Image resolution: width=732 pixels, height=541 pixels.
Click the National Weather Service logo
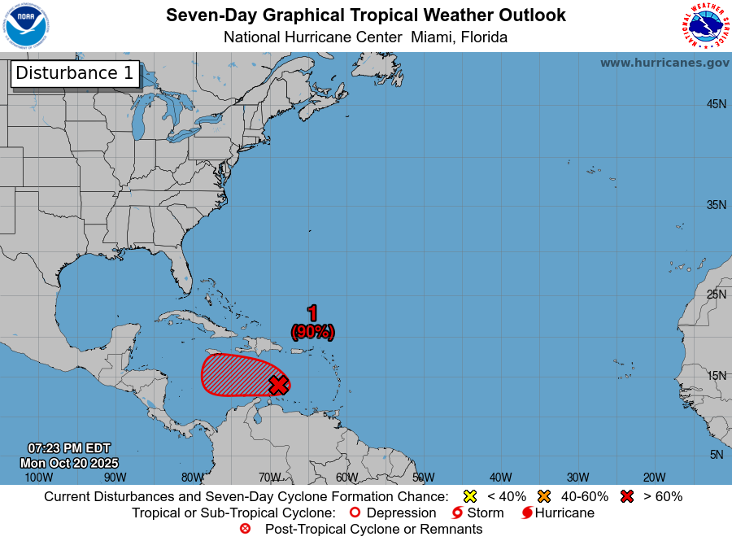tap(704, 26)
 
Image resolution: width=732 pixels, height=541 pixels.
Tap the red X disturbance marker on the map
tap(278, 385)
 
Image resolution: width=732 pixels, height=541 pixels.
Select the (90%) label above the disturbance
tap(312, 331)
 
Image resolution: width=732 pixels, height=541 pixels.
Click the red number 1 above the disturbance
tap(312, 313)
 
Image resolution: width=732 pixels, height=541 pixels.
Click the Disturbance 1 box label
tap(75, 73)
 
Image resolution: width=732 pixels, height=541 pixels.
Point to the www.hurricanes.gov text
tap(664, 63)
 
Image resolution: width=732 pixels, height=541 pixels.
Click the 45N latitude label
tap(716, 104)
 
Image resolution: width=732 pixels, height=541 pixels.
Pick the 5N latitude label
tap(717, 455)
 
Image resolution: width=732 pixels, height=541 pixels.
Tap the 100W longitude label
tap(38, 478)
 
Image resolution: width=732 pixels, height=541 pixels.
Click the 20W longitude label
tap(654, 478)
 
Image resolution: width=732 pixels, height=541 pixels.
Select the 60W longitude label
tap(346, 478)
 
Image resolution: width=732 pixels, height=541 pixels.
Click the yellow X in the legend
tap(468, 496)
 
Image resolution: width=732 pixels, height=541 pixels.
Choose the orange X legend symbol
tap(544, 496)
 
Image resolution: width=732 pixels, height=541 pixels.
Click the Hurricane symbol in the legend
tap(527, 513)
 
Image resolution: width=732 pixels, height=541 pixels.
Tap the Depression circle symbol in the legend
tap(354, 513)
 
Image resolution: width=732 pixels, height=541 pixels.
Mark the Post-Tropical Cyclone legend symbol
tap(245, 530)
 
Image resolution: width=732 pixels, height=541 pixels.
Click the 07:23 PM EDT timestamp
tap(68, 448)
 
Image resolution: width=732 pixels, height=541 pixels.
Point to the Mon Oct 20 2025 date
tap(68, 463)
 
